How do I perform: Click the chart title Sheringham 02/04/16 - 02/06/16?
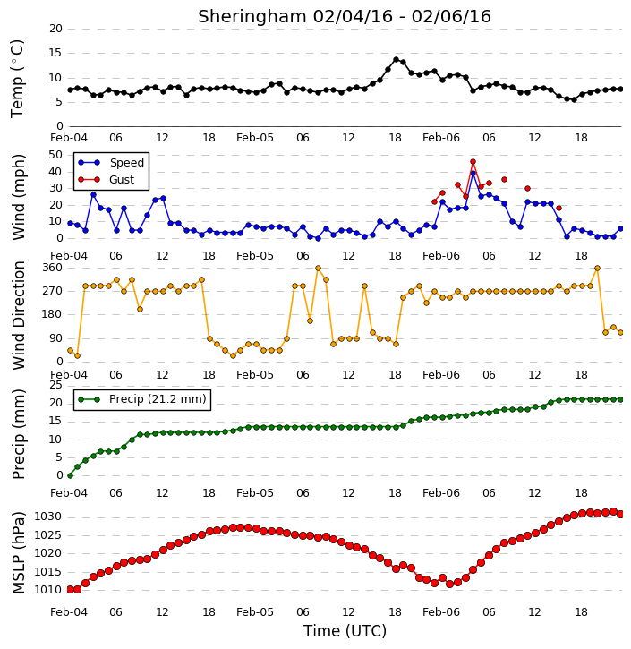[x=345, y=16]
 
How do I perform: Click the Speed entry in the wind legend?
[x=111, y=163]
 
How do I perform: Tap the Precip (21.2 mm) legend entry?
[x=142, y=399]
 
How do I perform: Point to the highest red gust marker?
[x=473, y=162]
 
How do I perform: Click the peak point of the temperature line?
[x=396, y=60]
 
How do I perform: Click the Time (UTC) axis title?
[x=345, y=631]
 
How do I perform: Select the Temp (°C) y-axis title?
[x=17, y=79]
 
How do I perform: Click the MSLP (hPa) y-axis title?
[x=18, y=553]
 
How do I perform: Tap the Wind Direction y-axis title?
[x=18, y=315]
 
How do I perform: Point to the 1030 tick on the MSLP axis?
[x=47, y=517]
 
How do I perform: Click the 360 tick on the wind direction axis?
[x=53, y=268]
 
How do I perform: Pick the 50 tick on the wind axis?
[x=55, y=155]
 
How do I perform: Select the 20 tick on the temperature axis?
[x=55, y=29]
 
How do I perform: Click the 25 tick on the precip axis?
[x=55, y=385]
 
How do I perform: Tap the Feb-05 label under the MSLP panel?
[x=255, y=611]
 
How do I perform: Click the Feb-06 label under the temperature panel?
[x=441, y=138]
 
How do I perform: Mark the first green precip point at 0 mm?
[x=70, y=475]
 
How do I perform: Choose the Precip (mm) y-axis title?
[x=18, y=434]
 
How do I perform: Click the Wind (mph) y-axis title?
[x=18, y=197]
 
